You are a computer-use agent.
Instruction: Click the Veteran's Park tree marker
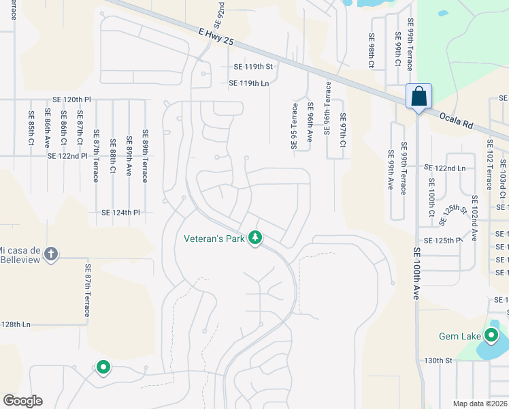(255, 238)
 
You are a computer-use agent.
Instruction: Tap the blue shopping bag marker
(418, 95)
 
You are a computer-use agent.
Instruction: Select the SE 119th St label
(252, 67)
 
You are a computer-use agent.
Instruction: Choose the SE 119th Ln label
(249, 83)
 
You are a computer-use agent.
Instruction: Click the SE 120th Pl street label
(71, 100)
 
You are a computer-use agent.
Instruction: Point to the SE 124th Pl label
(120, 213)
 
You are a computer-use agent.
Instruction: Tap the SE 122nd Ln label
(444, 168)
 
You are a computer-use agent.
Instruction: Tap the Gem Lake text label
(459, 336)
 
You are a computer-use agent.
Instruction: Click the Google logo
(22, 401)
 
